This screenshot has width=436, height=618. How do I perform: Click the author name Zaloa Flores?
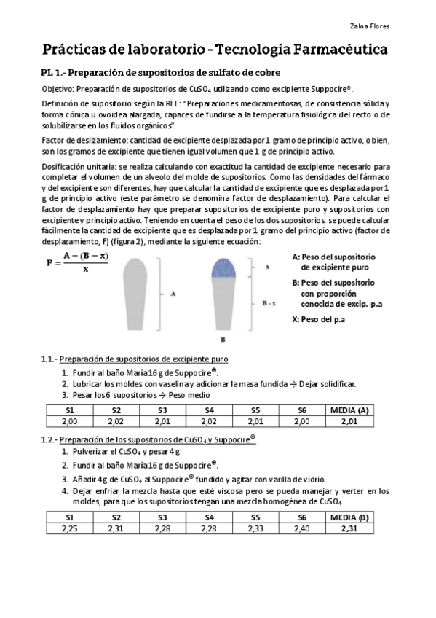pos(369,27)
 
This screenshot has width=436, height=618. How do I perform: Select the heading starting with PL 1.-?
pos(160,73)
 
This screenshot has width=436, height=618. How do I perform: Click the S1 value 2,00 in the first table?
pos(70,421)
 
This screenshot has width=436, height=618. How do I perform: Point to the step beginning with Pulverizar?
pos(118,451)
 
